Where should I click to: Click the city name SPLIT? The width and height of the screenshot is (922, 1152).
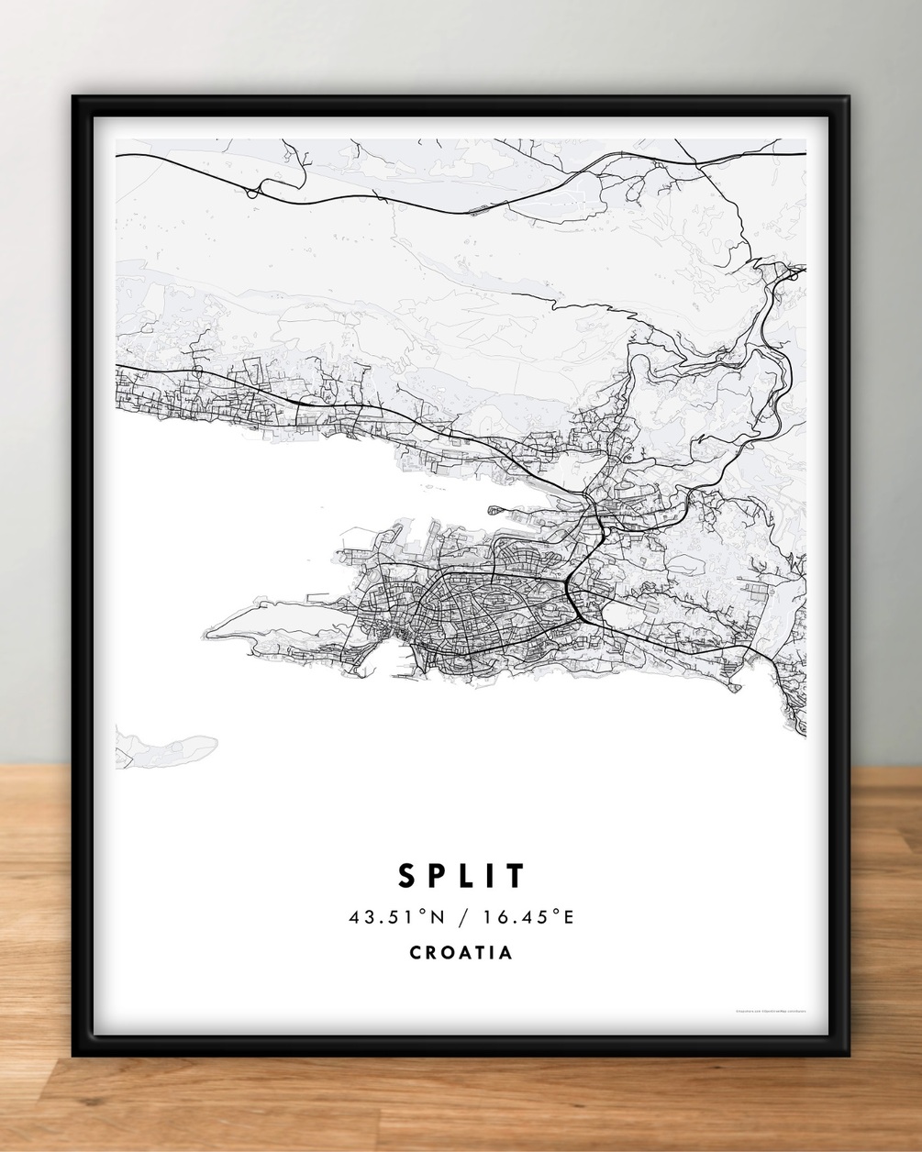[x=461, y=875]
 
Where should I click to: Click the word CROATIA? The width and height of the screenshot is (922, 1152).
[x=461, y=952]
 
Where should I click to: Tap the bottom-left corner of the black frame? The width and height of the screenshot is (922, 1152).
[x=76, y=1054]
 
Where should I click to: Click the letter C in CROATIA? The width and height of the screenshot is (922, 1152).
[x=417, y=952]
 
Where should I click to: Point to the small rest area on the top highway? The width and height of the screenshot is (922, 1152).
[x=478, y=209]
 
